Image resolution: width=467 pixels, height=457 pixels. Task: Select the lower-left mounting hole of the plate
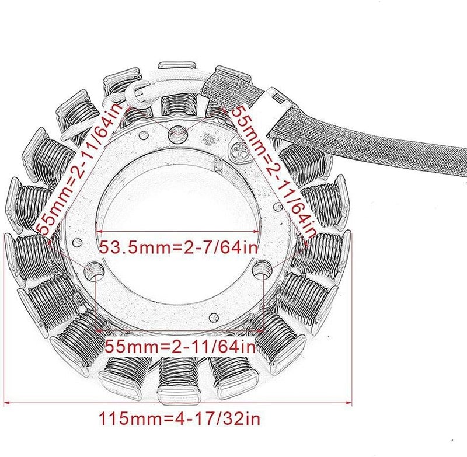(94, 270)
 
